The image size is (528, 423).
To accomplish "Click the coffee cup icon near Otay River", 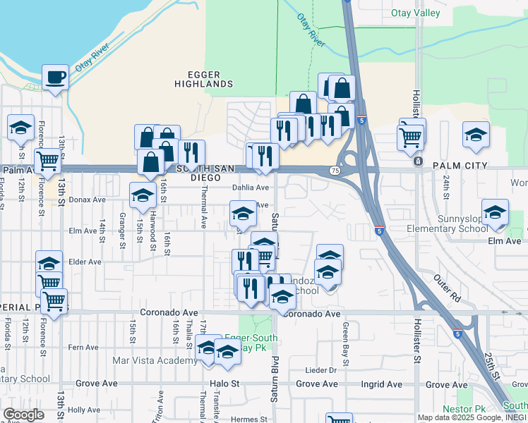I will point(54,77).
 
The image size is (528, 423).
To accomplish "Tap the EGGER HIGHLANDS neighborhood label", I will point(203,79).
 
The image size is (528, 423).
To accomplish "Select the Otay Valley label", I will point(415,13).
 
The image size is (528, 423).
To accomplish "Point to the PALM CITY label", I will point(460,166).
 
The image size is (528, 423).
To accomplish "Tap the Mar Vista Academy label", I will point(155,361).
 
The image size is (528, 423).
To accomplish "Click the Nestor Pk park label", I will point(464,409).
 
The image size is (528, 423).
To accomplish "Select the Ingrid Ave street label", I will point(382,384).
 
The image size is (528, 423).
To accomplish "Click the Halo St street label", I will point(225,384).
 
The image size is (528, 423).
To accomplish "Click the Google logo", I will point(23,415).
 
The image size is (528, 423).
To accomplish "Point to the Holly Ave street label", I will point(85,410).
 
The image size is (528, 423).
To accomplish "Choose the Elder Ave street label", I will point(85,262).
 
